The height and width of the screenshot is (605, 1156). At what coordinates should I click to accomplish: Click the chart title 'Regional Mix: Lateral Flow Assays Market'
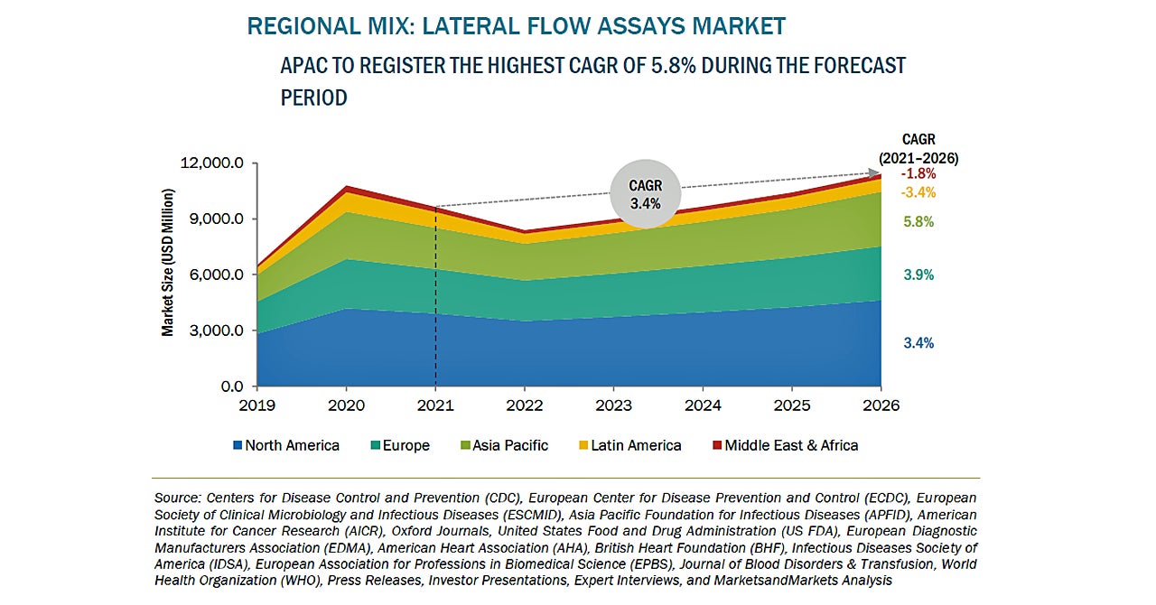(x=516, y=26)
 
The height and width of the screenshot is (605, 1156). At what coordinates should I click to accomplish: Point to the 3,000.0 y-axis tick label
(x=213, y=330)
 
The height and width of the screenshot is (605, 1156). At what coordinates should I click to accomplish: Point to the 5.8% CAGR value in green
(x=918, y=221)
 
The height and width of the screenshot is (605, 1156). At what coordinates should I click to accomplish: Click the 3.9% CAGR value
(x=918, y=275)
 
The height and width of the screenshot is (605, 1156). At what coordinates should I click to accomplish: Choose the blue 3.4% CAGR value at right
(x=918, y=343)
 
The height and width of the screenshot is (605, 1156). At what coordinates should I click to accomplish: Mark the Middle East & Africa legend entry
(x=785, y=445)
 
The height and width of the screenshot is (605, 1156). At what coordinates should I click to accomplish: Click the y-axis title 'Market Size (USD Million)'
(x=168, y=263)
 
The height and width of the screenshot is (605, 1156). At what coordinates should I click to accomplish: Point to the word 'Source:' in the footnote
(x=178, y=498)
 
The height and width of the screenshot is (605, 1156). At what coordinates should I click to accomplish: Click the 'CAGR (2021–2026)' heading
(x=918, y=149)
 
